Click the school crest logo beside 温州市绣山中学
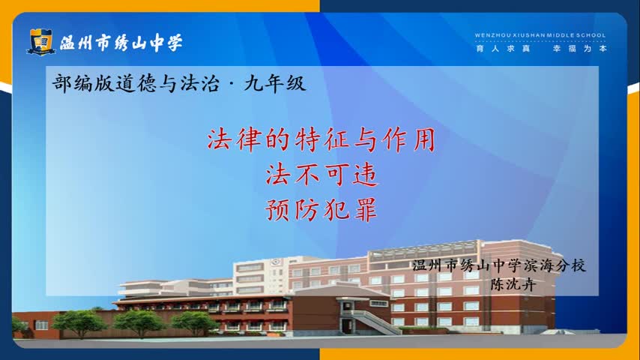(x=40, y=42)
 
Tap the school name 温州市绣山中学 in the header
(x=121, y=43)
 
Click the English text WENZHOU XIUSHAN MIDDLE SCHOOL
(x=540, y=35)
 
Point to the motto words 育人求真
(x=504, y=49)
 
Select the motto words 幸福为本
(x=580, y=49)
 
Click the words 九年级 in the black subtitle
(x=275, y=84)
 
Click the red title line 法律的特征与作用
(x=321, y=139)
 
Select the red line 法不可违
(x=321, y=175)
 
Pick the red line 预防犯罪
(x=321, y=210)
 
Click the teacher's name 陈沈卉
(x=513, y=284)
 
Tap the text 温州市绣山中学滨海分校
(x=499, y=265)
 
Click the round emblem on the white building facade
(x=276, y=262)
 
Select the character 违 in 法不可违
(x=366, y=175)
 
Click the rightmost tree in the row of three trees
(x=195, y=322)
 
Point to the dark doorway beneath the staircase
(x=347, y=326)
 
